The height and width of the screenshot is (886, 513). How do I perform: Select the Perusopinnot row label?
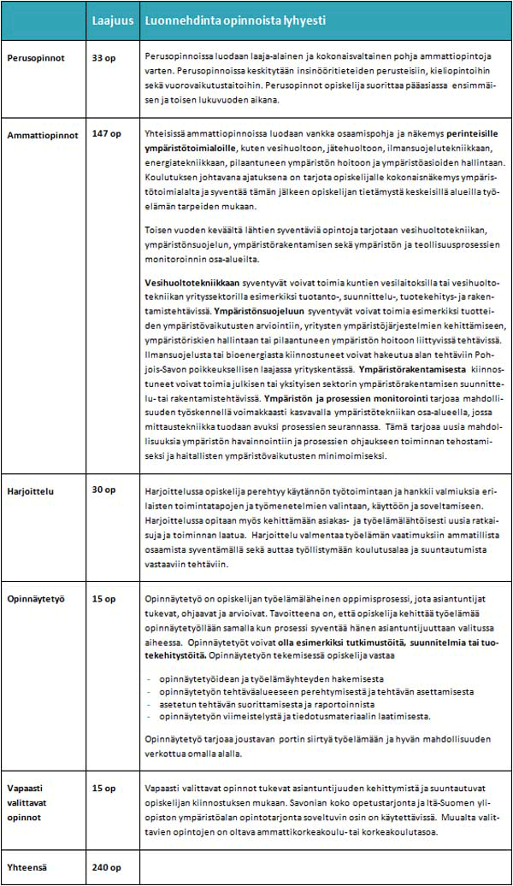(35, 65)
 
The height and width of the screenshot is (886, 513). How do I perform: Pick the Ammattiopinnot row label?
(42, 135)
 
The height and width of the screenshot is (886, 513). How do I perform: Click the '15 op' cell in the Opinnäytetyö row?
(103, 599)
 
